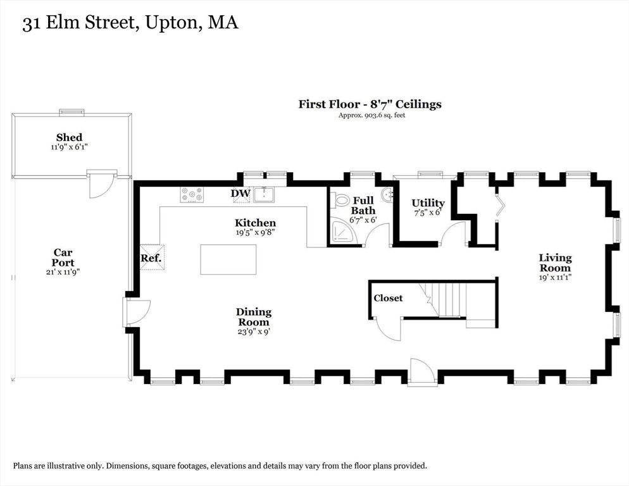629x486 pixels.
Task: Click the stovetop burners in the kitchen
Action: pyautogui.click(x=192, y=195)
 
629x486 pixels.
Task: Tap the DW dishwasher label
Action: pyautogui.click(x=240, y=194)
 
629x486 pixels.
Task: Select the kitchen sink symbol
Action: pyautogui.click(x=263, y=194)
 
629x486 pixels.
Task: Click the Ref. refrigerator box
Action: pyautogui.click(x=151, y=258)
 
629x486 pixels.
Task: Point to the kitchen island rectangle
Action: pyautogui.click(x=228, y=259)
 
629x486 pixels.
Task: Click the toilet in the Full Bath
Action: pyautogui.click(x=340, y=199)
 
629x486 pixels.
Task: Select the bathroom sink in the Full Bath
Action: pyautogui.click(x=387, y=196)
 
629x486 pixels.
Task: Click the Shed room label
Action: pyautogui.click(x=70, y=137)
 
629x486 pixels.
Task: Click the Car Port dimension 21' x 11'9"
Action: pyautogui.click(x=63, y=272)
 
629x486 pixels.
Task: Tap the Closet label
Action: pyautogui.click(x=388, y=298)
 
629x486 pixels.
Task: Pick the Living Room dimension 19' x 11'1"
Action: pyautogui.click(x=555, y=277)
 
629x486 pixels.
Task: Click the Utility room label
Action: pyautogui.click(x=428, y=202)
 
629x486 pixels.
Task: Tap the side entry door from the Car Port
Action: pyautogui.click(x=137, y=311)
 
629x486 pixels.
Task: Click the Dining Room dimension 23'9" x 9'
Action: pyautogui.click(x=254, y=332)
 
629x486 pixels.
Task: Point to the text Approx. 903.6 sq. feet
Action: pyautogui.click(x=372, y=116)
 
